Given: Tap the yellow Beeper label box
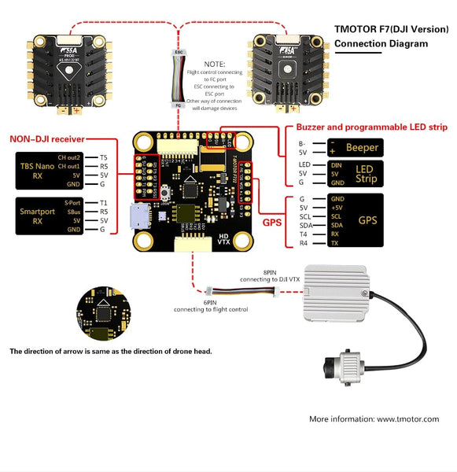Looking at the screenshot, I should pos(362,147).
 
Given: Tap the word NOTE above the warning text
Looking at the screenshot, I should pos(213,64).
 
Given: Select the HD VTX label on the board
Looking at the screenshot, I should pos(223,239).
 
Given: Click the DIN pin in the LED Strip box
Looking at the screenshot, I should pos(337,164).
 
